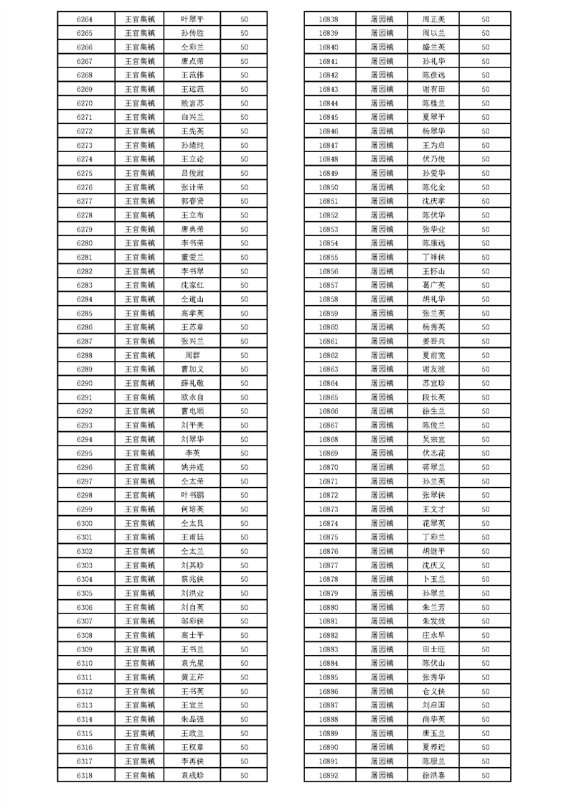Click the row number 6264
coord(84,19)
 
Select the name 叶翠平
coord(192,19)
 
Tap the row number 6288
coord(84,355)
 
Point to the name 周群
coord(192,355)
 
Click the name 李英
coord(192,453)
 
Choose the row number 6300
coord(84,523)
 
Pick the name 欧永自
coord(192,397)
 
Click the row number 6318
coord(84,775)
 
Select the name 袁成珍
coord(192,775)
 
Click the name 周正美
coord(433,19)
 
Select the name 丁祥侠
coord(433,258)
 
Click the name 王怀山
coord(433,271)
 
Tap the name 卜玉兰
coord(433,579)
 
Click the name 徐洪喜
coord(433,775)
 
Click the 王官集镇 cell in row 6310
coord(139,663)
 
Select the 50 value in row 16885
coord(486,677)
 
